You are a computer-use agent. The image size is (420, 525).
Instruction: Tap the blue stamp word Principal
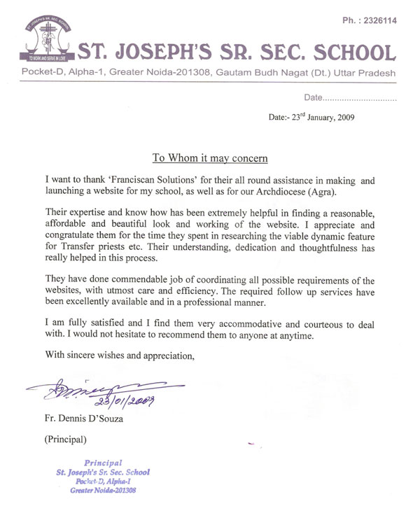pos(104,463)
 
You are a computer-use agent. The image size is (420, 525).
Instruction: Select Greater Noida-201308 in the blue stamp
pos(104,490)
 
